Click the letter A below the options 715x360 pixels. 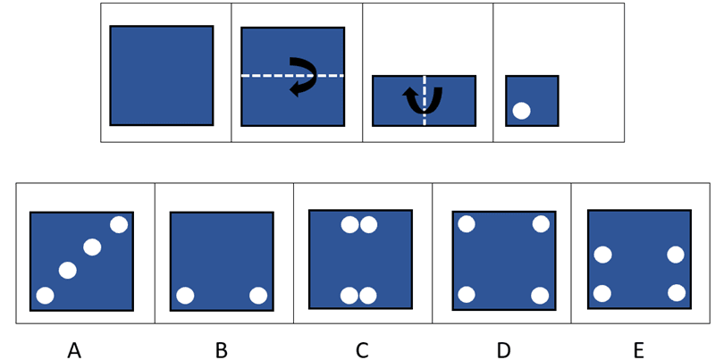pos(74,351)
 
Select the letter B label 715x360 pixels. pos(221,351)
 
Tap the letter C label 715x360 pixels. pos(362,351)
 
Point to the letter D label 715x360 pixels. pos(503,351)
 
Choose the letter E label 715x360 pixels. pos(638,351)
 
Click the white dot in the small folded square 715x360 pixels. pos(522,111)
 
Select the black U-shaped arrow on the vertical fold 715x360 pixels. pos(424,100)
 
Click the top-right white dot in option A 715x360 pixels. pos(119,224)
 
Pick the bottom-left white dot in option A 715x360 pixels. pos(45,295)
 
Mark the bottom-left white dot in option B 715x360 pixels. pos(185,295)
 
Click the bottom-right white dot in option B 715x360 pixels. pos(258,295)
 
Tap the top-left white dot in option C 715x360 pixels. pos(349,224)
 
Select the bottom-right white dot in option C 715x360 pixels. pos(368,295)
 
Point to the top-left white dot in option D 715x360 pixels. pos(467,224)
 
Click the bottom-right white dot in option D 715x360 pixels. pos(540,295)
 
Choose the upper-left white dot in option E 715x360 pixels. pos(602,255)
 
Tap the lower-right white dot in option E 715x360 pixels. pos(677,292)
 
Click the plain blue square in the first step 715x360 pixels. pos(162,75)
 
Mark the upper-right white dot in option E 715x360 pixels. pos(676,255)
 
